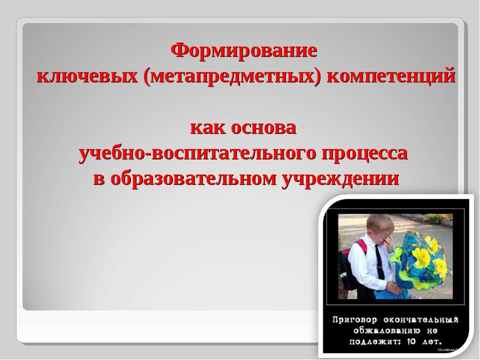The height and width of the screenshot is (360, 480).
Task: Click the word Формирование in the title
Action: [x=244, y=50]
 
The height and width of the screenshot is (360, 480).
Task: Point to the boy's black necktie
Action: [x=379, y=262]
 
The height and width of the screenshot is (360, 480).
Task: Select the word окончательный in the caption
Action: [x=425, y=319]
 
